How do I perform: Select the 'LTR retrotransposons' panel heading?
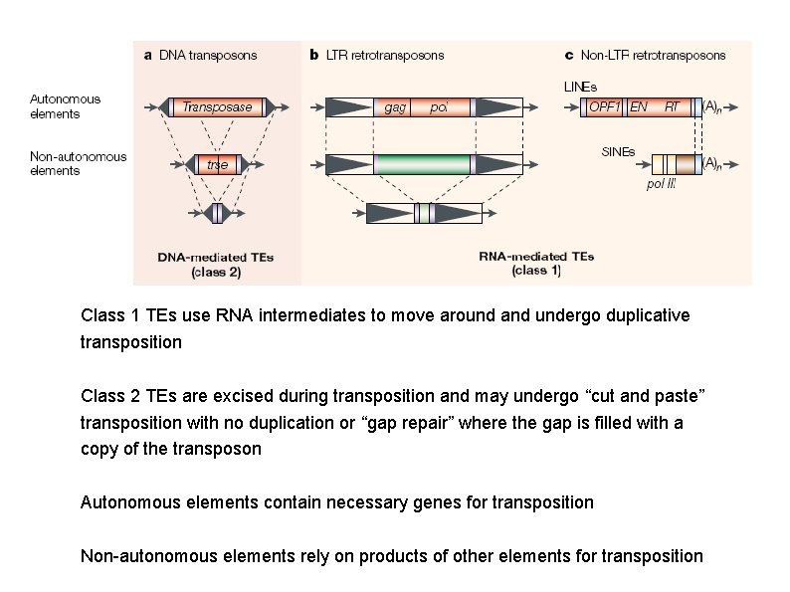[377, 56]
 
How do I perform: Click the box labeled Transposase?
[216, 107]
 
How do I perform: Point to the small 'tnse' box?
[217, 165]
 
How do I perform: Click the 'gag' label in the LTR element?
[395, 107]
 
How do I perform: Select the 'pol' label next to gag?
[439, 107]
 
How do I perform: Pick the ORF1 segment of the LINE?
[604, 106]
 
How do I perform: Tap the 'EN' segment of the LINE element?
[638, 106]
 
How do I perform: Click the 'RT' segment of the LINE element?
[673, 106]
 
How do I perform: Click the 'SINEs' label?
[618, 152]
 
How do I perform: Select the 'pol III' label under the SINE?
[661, 185]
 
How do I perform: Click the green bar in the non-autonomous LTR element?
[422, 164]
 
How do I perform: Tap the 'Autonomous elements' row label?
[65, 105]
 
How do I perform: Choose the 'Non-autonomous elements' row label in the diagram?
[78, 163]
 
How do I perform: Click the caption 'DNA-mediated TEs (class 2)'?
[215, 264]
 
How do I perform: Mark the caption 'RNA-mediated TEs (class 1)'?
[536, 263]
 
